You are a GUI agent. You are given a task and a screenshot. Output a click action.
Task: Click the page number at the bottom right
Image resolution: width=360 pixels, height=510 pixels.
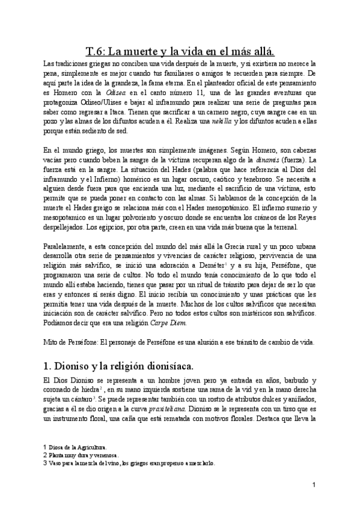click(314, 485)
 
